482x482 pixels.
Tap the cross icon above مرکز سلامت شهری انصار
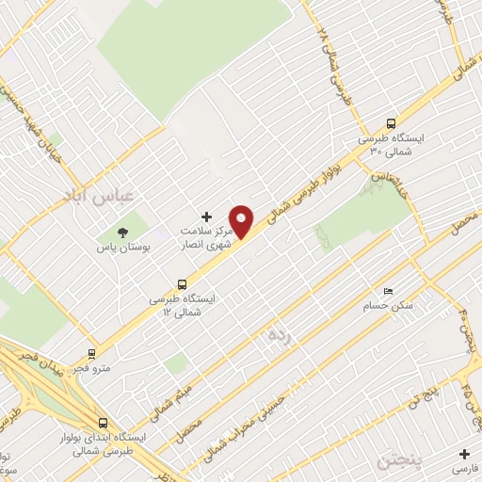(207, 217)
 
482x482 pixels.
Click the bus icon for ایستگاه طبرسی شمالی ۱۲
(182, 282)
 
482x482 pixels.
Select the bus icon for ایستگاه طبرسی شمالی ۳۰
(391, 122)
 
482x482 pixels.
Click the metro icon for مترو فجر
(91, 355)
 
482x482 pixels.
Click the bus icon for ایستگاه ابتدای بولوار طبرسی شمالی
(103, 423)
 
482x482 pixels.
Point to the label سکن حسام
(382, 307)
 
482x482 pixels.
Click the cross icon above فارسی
(463, 453)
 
